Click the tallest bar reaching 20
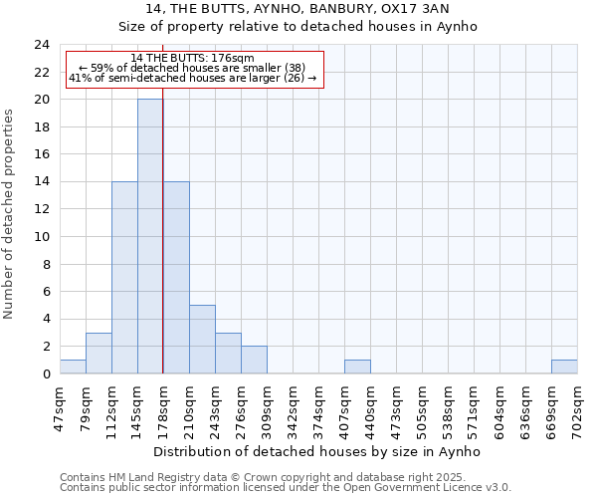[x=150, y=236]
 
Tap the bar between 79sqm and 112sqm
[x=99, y=353]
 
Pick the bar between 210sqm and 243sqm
[x=202, y=339]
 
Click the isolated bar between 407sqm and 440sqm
[x=357, y=367]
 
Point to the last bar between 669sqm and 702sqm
[x=564, y=367]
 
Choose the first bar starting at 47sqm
[x=73, y=367]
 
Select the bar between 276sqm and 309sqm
[x=254, y=360]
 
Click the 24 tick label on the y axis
[x=42, y=45]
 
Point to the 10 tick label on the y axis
[x=42, y=237]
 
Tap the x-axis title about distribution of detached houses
[x=318, y=451]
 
